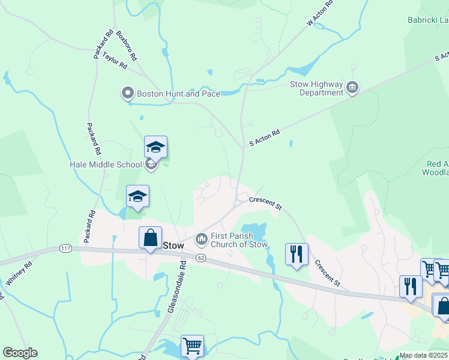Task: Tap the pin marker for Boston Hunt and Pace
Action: point(127,93)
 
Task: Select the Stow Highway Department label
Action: point(317,89)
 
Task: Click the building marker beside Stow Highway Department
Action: point(352,89)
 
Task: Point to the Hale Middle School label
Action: point(106,164)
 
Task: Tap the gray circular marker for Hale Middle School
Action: point(151,164)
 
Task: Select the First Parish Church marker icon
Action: point(201,239)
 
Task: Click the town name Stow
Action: point(173,245)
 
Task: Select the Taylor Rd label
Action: point(114,59)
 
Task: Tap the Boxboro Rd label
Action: point(127,46)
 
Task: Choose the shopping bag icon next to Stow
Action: point(150,237)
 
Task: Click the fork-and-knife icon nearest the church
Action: point(297,254)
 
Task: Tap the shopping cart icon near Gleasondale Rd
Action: point(192,346)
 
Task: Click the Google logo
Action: point(20,353)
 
